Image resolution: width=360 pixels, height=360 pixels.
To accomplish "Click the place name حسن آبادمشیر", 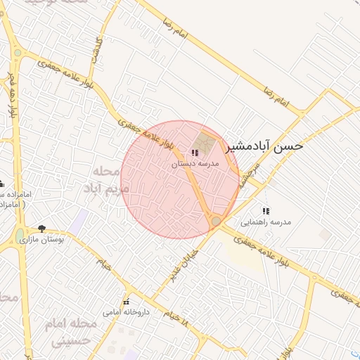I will coord(264,147).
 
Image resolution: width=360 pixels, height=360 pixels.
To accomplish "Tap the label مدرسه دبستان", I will coord(196,163).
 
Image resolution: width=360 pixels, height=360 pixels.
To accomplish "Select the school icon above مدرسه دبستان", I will coord(195,153).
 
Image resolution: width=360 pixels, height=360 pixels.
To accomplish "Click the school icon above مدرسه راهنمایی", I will coord(266,211).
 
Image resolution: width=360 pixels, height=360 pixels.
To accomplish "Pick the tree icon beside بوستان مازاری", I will coord(42,229).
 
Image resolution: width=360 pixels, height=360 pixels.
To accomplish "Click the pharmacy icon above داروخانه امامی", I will coord(127,302).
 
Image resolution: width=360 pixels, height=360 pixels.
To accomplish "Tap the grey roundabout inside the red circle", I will coord(216,221).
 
